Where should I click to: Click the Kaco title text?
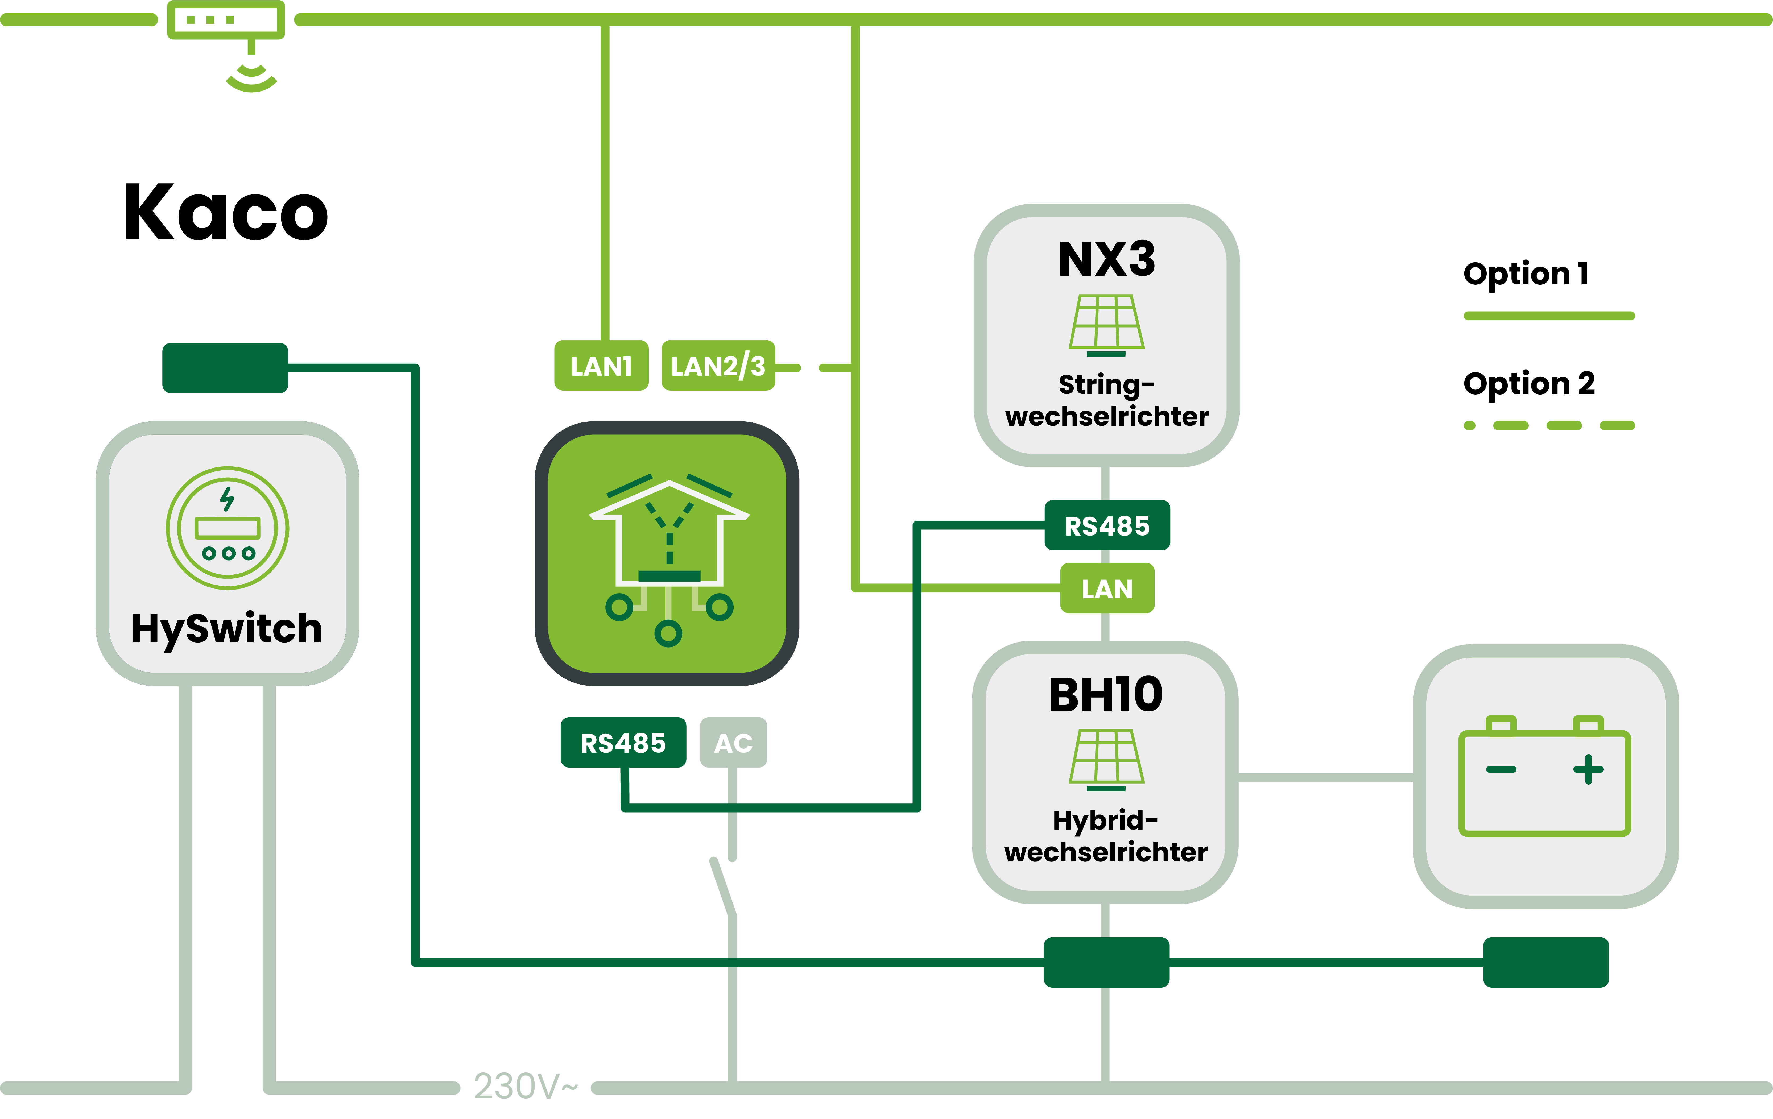pyautogui.click(x=225, y=213)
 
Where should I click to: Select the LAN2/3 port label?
pyautogui.click(x=718, y=366)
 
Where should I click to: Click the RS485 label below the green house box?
pyautogui.click(x=623, y=743)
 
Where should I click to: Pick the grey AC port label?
pyautogui.click(x=733, y=743)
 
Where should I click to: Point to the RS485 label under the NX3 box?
pyautogui.click(x=1107, y=526)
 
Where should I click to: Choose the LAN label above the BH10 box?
pyautogui.click(x=1107, y=588)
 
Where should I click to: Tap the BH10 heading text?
pyautogui.click(x=1105, y=695)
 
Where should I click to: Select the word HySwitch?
pyautogui.click(x=227, y=629)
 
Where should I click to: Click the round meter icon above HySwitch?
pyautogui.click(x=228, y=528)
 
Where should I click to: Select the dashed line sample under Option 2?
pyautogui.click(x=1548, y=425)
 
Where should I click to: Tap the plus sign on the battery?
pyautogui.click(x=1588, y=769)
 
